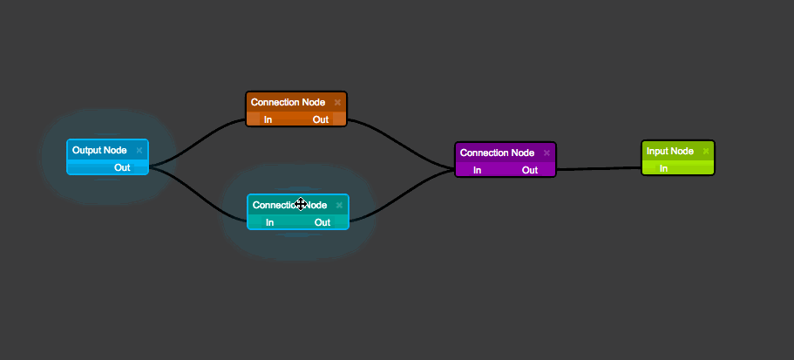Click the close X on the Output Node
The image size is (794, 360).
click(x=139, y=151)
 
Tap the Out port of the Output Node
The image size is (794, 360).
click(x=122, y=167)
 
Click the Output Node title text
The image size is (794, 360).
click(x=99, y=151)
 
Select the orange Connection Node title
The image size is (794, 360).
click(x=288, y=103)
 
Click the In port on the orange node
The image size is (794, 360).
click(x=268, y=119)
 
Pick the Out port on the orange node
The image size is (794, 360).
click(x=321, y=119)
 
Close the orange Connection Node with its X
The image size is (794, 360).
click(x=337, y=103)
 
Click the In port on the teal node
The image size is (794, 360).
click(x=269, y=222)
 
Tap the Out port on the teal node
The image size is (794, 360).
click(x=322, y=222)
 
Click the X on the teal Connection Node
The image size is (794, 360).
click(x=339, y=206)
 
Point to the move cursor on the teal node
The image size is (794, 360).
click(x=301, y=204)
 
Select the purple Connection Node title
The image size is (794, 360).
click(x=497, y=153)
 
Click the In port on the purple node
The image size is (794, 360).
click(x=477, y=170)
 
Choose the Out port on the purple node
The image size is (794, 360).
click(x=530, y=170)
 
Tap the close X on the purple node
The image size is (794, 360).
click(x=546, y=153)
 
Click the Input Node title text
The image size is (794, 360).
click(x=670, y=152)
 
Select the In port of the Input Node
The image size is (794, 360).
click(x=663, y=168)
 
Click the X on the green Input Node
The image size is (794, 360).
click(x=705, y=152)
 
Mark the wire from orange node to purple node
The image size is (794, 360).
click(x=401, y=145)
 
